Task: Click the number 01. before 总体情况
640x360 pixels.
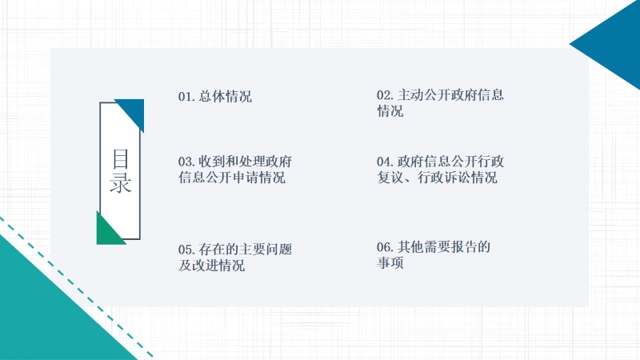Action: click(186, 97)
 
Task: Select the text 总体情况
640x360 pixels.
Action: click(226, 97)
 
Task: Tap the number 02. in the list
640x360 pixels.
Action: click(386, 95)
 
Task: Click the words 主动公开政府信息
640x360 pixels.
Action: click(450, 94)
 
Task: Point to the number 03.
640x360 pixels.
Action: click(186, 162)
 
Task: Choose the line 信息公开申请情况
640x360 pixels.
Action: click(231, 178)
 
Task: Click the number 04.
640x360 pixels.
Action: click(386, 162)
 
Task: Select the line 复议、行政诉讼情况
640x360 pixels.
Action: click(437, 178)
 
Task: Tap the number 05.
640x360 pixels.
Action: click(186, 250)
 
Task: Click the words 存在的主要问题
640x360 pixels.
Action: click(246, 249)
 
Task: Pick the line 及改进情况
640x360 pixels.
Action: click(211, 266)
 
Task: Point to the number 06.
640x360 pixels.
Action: click(386, 247)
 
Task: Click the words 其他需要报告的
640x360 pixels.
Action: click(444, 246)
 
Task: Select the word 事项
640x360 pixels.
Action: click(390, 262)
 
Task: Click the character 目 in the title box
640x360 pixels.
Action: click(121, 158)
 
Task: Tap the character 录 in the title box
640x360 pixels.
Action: click(121, 182)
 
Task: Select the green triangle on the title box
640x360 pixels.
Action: click(107, 233)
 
